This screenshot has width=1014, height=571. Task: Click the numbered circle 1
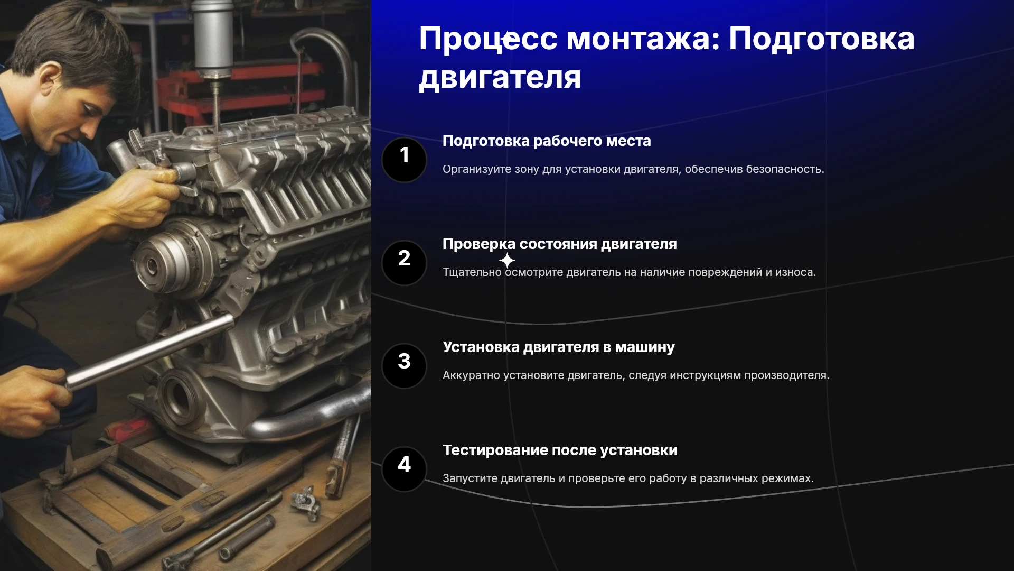tap(404, 160)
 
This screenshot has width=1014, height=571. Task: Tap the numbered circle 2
tap(404, 263)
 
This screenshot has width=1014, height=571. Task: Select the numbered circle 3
tap(404, 366)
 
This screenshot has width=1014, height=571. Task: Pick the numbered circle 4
tap(404, 469)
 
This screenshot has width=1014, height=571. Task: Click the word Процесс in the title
tap(488, 39)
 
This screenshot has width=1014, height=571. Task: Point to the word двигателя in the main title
tap(500, 77)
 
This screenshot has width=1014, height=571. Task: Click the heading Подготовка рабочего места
tap(547, 141)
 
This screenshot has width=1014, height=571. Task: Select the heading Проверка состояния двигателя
tap(559, 244)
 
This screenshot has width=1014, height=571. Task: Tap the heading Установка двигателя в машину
tap(559, 347)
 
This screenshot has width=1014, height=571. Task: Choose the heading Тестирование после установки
tap(560, 450)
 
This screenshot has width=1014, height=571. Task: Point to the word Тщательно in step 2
tap(472, 272)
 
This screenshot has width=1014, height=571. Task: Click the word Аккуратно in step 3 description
tap(471, 375)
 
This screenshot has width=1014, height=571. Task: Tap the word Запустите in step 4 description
tap(470, 478)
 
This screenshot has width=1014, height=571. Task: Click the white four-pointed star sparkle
tap(507, 260)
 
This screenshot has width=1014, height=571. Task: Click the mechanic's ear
tap(49, 79)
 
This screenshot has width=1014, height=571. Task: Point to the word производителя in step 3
tap(787, 375)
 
